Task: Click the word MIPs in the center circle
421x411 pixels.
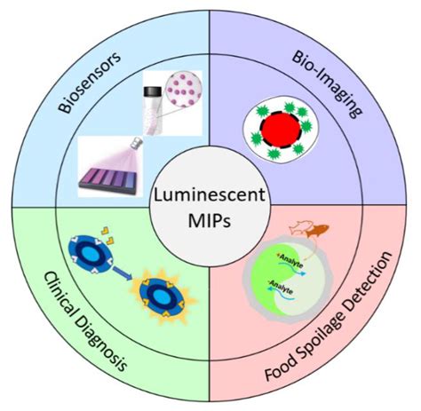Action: pos(210,221)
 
